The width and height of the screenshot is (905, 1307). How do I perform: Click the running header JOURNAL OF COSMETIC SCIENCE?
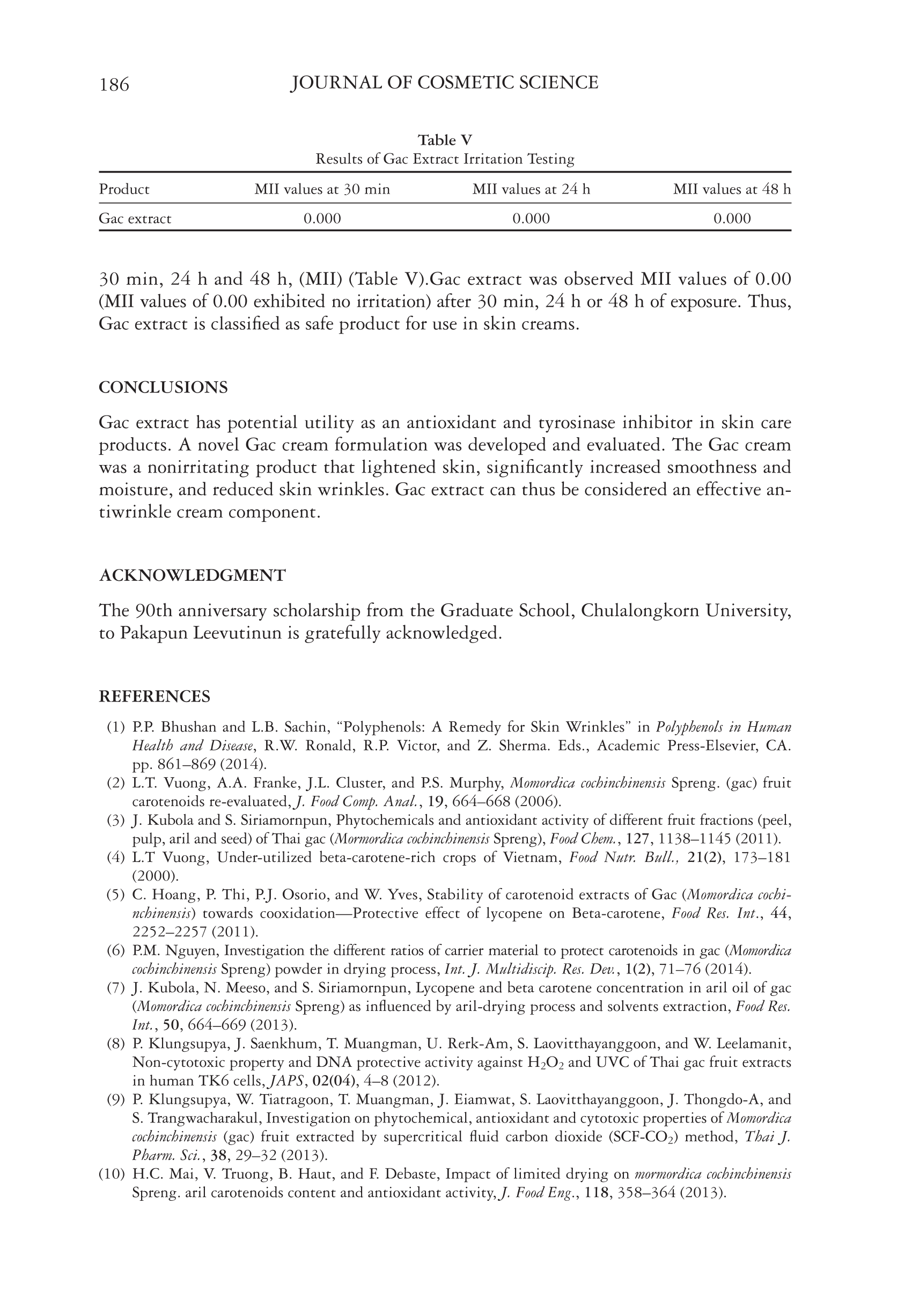point(444,83)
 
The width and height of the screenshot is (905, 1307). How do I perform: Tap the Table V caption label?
point(445,140)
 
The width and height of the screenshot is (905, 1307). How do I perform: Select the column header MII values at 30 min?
point(322,189)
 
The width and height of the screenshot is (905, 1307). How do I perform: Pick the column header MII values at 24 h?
point(531,189)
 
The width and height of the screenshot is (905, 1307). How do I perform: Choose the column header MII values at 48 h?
point(732,189)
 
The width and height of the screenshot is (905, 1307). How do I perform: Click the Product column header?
point(124,189)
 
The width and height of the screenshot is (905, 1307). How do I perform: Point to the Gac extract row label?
point(135,219)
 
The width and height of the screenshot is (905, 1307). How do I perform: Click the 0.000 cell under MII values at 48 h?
point(732,219)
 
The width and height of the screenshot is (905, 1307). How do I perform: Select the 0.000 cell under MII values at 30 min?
point(322,219)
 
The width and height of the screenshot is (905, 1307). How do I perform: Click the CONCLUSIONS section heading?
point(163,388)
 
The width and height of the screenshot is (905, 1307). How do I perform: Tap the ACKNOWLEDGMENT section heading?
point(192,576)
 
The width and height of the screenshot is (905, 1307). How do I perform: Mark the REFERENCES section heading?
point(154,697)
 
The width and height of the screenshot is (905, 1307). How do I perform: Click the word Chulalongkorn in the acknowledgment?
point(636,611)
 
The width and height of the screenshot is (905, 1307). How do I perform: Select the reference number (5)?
point(116,895)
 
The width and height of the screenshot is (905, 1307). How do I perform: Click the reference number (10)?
point(112,1174)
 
